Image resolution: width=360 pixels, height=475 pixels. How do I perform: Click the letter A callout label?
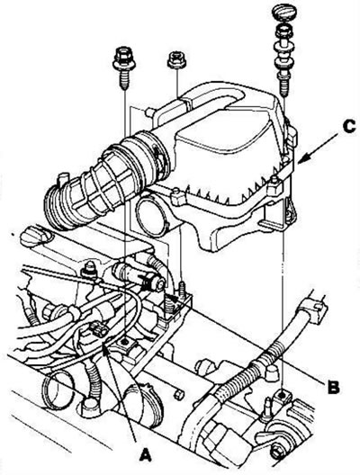tap(145, 455)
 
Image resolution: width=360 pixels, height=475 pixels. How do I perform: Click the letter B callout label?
tap(333, 386)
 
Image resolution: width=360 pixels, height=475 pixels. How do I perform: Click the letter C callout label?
tap(349, 126)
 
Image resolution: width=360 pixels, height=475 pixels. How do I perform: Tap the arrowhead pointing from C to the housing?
tap(303, 158)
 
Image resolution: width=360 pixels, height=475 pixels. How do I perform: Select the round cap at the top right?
tap(283, 12)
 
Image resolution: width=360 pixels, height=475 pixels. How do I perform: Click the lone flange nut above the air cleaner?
tap(176, 60)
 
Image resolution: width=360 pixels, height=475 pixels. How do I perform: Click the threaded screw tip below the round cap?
tap(283, 86)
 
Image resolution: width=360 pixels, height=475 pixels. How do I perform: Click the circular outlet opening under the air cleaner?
tap(150, 215)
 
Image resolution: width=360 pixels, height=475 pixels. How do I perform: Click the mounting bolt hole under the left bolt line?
tap(124, 343)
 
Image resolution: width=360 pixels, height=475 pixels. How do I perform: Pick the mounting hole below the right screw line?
tap(283, 396)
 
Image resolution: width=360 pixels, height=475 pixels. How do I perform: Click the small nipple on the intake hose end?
tap(63, 179)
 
